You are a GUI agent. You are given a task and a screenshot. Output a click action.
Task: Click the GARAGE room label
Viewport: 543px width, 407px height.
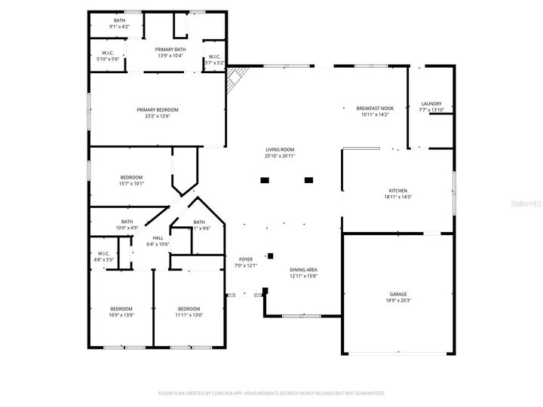pyautogui.click(x=398, y=294)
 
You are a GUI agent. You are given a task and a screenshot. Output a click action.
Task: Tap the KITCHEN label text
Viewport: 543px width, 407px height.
pyautogui.click(x=398, y=191)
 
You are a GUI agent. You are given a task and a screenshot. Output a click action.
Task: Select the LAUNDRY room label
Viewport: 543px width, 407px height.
pyautogui.click(x=431, y=104)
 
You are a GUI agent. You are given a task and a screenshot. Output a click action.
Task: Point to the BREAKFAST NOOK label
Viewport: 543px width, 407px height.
pyautogui.click(x=375, y=109)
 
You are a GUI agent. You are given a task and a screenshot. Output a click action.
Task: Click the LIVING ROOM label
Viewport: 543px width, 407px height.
pyautogui.click(x=280, y=150)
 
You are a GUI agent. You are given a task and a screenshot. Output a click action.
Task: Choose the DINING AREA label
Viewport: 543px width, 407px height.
pyautogui.click(x=304, y=270)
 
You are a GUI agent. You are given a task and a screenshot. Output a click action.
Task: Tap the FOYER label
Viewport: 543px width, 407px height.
pyautogui.click(x=246, y=259)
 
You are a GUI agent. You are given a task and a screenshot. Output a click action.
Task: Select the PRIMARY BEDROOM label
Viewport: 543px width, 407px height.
pyautogui.click(x=158, y=109)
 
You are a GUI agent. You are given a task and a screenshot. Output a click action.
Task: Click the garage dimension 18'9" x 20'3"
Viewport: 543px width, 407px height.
pyautogui.click(x=398, y=300)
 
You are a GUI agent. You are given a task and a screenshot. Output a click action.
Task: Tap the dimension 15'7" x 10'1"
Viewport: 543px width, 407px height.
pyautogui.click(x=130, y=183)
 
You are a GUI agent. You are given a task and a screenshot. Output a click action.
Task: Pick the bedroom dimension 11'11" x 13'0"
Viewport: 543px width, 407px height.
pyautogui.click(x=189, y=315)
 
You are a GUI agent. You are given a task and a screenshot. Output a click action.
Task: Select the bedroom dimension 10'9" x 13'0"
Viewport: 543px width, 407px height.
pyautogui.click(x=121, y=315)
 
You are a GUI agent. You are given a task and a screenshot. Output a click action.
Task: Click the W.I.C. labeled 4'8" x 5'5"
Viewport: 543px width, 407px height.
pyautogui.click(x=104, y=253)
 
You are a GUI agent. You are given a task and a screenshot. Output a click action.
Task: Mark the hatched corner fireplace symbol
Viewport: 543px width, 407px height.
pyautogui.click(x=238, y=76)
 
